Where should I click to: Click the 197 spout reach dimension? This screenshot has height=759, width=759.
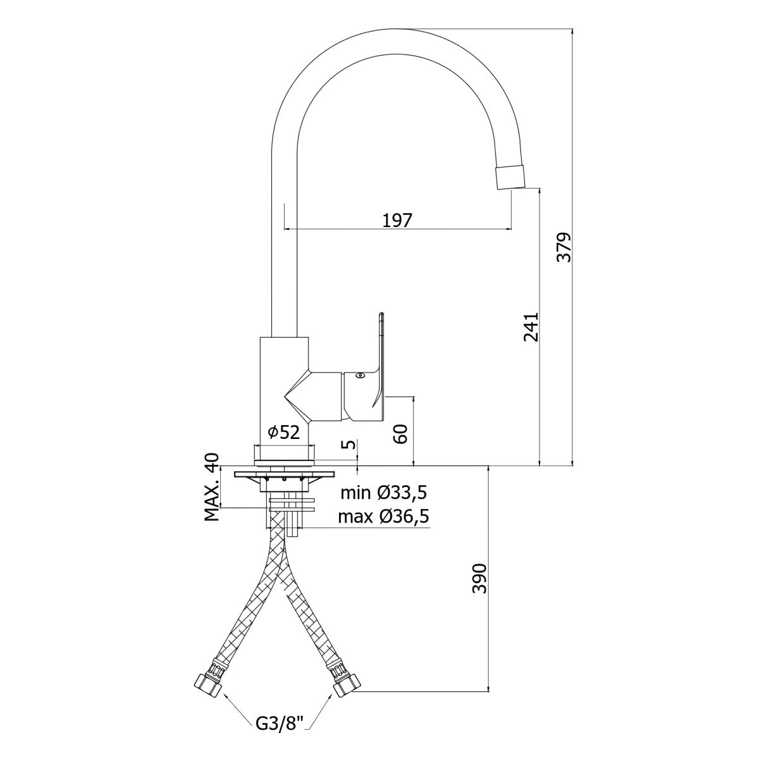click(397, 221)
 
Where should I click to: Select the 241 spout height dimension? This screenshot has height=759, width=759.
click(531, 328)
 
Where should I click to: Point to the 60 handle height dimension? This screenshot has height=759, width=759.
click(400, 434)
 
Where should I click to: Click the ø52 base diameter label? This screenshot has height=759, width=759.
click(283, 433)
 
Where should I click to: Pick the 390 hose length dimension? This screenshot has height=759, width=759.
click(479, 579)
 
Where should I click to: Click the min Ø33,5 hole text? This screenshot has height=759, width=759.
click(384, 493)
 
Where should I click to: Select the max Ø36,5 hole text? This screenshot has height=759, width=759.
click(384, 516)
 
